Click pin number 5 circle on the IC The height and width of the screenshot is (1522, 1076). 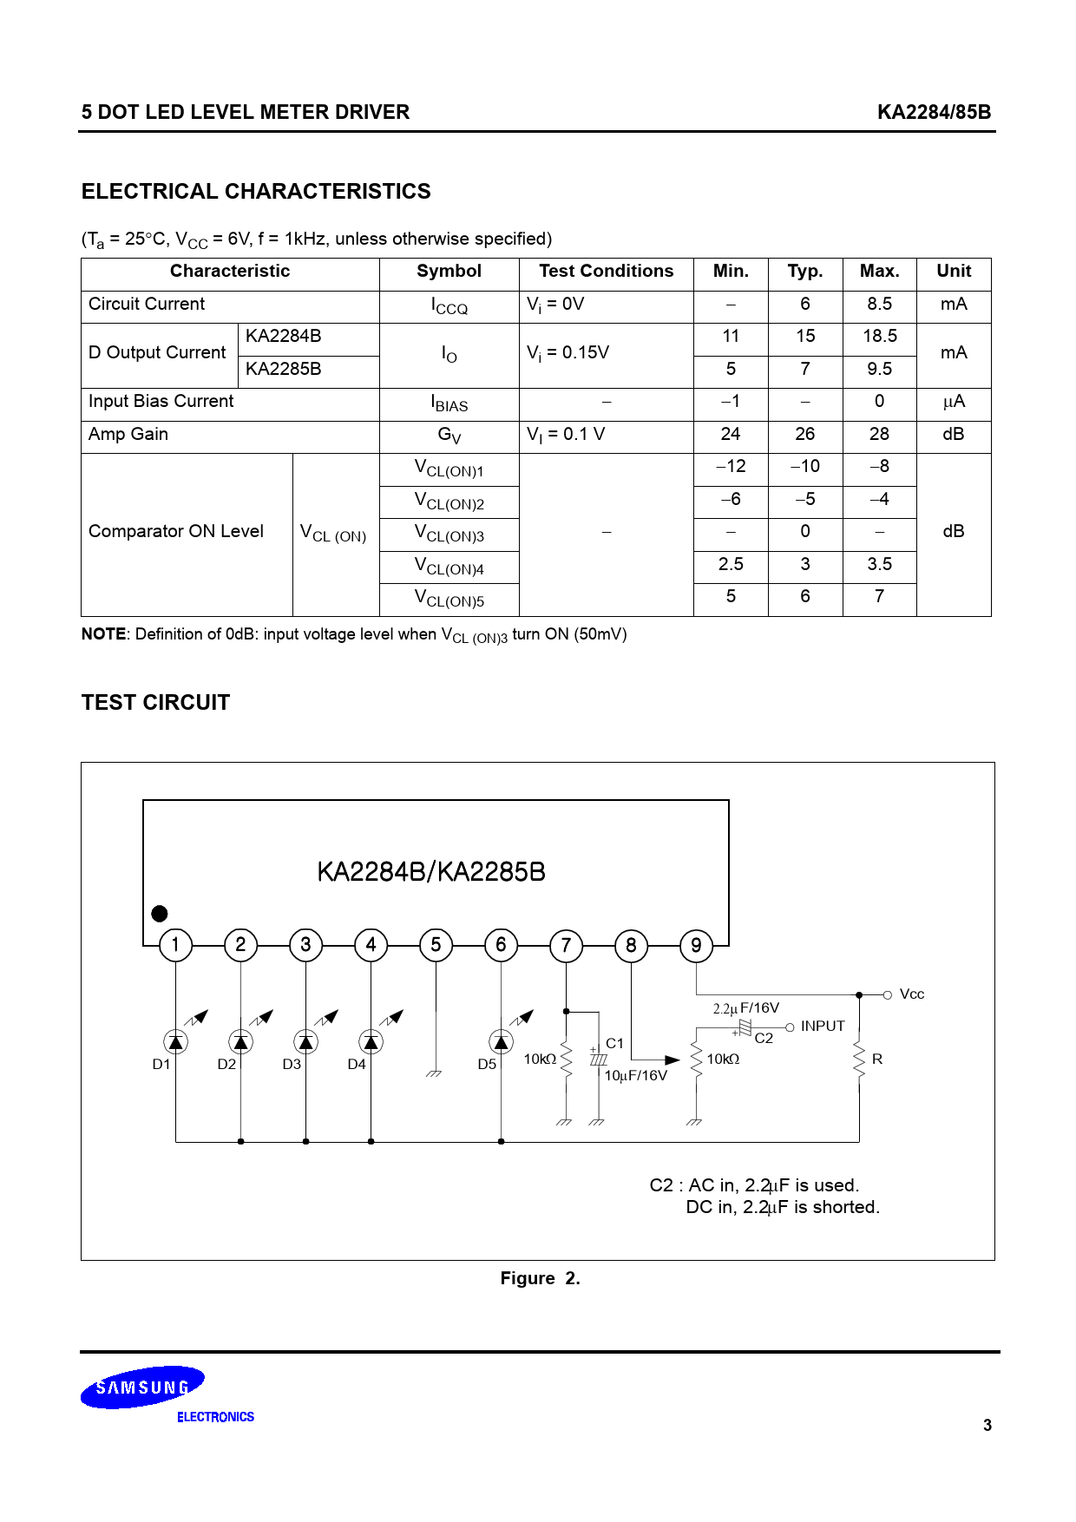436,945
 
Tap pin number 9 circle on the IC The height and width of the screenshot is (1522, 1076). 696,945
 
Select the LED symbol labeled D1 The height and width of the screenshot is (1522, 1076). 176,1041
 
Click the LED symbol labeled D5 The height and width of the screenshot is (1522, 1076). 501,1041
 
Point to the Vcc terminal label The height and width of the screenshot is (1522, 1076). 911,994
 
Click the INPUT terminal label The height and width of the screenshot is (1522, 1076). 822,1027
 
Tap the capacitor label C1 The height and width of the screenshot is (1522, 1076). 614,1044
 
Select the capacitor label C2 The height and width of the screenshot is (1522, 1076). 764,1039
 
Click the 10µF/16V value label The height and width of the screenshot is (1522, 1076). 635,1076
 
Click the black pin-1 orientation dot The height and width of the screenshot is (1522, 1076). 160,914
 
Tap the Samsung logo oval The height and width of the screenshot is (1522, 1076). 142,1388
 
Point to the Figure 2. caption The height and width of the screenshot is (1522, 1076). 540,1278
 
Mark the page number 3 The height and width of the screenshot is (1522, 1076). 987,1425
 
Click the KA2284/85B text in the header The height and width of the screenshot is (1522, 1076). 934,112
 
